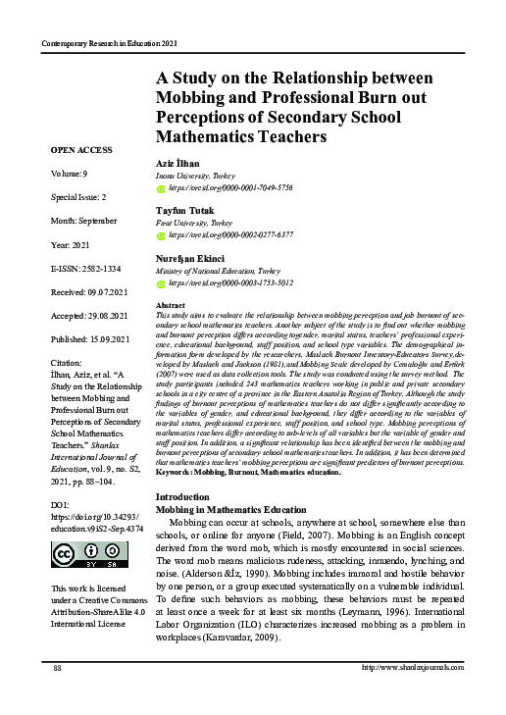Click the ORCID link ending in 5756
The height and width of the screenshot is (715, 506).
(229, 186)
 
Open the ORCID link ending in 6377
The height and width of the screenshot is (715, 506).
(229, 235)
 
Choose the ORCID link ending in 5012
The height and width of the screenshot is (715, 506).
(229, 282)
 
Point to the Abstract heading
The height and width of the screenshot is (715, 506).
(172, 306)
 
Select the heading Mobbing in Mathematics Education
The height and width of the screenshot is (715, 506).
(231, 510)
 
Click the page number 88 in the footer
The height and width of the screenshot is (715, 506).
(58, 694)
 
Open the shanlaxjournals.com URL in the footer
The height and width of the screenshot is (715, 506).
(413, 694)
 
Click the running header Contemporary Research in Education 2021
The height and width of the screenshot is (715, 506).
(109, 44)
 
